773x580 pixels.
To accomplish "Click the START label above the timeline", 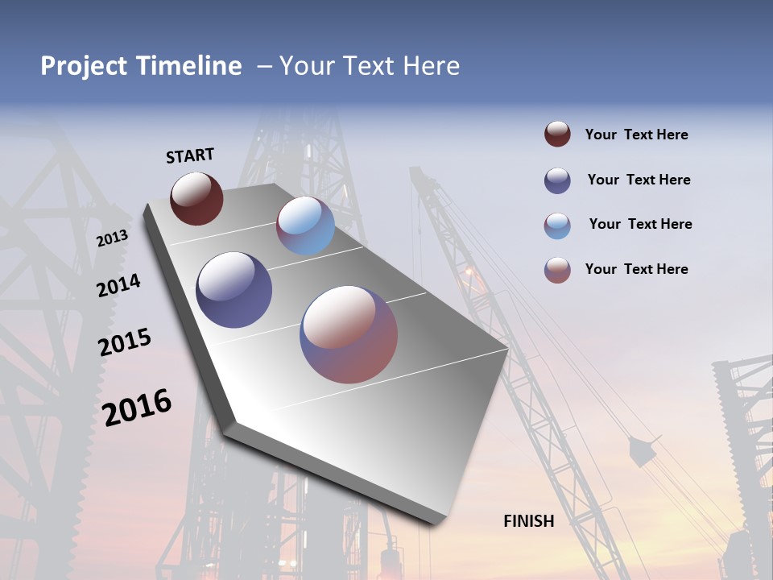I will coord(190,155).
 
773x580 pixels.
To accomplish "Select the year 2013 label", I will coord(112,238).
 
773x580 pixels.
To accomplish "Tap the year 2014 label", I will coord(118,285).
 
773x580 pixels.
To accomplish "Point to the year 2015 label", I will coord(124,342).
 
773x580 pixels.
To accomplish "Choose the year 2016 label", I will coord(137,407).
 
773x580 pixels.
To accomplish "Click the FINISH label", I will coord(528,521).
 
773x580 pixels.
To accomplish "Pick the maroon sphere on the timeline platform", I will coord(196,198).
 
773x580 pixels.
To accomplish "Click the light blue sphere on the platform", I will coord(305,226).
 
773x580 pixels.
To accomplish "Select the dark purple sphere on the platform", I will coord(234,290).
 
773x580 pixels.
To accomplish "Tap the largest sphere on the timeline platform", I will coord(349,333).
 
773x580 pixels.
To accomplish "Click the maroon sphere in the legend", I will coord(557,135).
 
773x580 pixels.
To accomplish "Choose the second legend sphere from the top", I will coord(557,180).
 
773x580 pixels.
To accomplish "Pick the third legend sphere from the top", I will coord(557,226).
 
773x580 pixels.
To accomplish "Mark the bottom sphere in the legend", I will coord(557,270).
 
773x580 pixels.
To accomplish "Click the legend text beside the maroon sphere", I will coord(636,135).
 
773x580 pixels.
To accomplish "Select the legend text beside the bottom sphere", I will coord(636,269).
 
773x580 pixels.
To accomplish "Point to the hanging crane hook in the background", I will coord(642,451).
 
